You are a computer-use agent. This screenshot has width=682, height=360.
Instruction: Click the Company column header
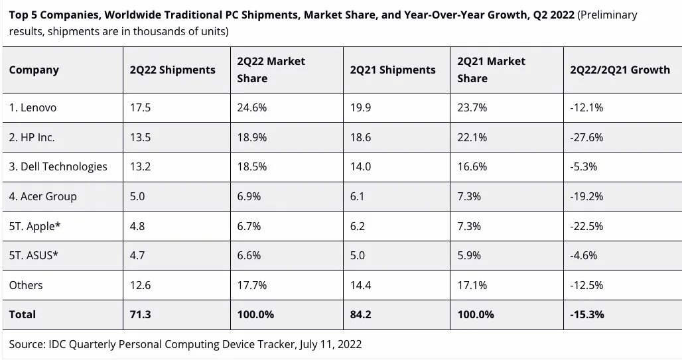point(34,70)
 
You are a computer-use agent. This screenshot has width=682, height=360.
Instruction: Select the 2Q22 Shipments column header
point(172,70)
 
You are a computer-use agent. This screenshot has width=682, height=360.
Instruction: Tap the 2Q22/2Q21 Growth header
point(620,70)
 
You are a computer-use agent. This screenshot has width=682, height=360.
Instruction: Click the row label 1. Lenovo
point(33,108)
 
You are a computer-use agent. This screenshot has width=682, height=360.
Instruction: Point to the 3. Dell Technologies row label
point(58,166)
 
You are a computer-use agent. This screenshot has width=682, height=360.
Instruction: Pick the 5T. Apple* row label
point(35,226)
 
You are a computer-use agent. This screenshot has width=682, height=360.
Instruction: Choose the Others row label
point(26,285)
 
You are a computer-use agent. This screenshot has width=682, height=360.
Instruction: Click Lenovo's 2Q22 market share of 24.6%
point(251,108)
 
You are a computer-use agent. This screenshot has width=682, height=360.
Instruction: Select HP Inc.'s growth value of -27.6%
point(586,137)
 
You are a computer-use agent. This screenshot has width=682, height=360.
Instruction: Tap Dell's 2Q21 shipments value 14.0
point(361,166)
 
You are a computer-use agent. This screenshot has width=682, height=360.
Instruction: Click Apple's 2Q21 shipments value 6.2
point(358,226)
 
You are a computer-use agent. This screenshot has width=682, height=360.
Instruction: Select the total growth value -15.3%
point(587,314)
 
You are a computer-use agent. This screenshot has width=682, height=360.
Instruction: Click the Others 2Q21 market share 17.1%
point(472,285)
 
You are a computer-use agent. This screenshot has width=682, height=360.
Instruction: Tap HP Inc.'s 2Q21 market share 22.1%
point(472,137)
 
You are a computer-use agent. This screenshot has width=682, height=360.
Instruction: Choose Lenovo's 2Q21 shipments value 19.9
point(361,108)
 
